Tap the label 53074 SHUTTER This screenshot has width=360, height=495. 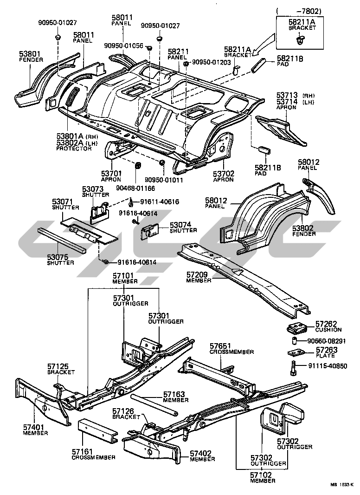[183, 228]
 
